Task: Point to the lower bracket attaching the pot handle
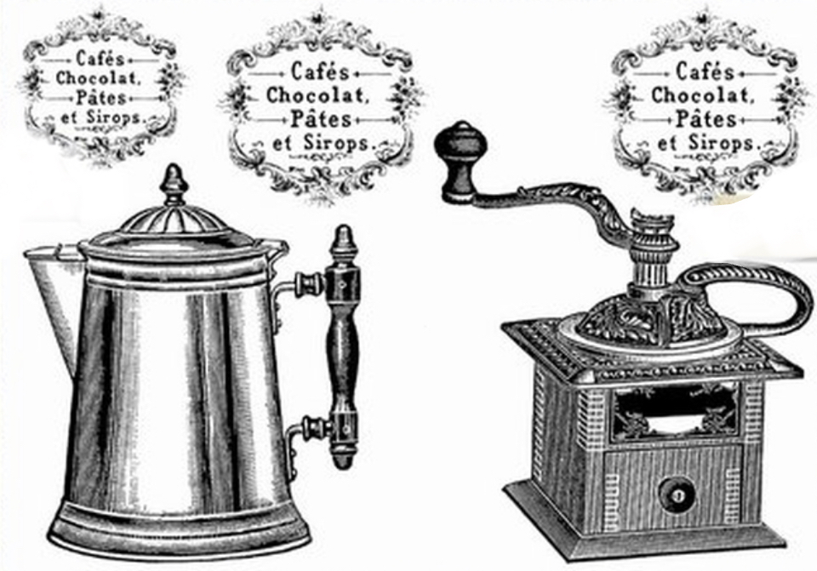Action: click(306, 431)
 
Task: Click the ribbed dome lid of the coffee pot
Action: click(174, 221)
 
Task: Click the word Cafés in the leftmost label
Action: click(94, 59)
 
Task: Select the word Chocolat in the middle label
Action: click(317, 95)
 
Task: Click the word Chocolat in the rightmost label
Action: click(702, 95)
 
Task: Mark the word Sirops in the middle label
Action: click(339, 142)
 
